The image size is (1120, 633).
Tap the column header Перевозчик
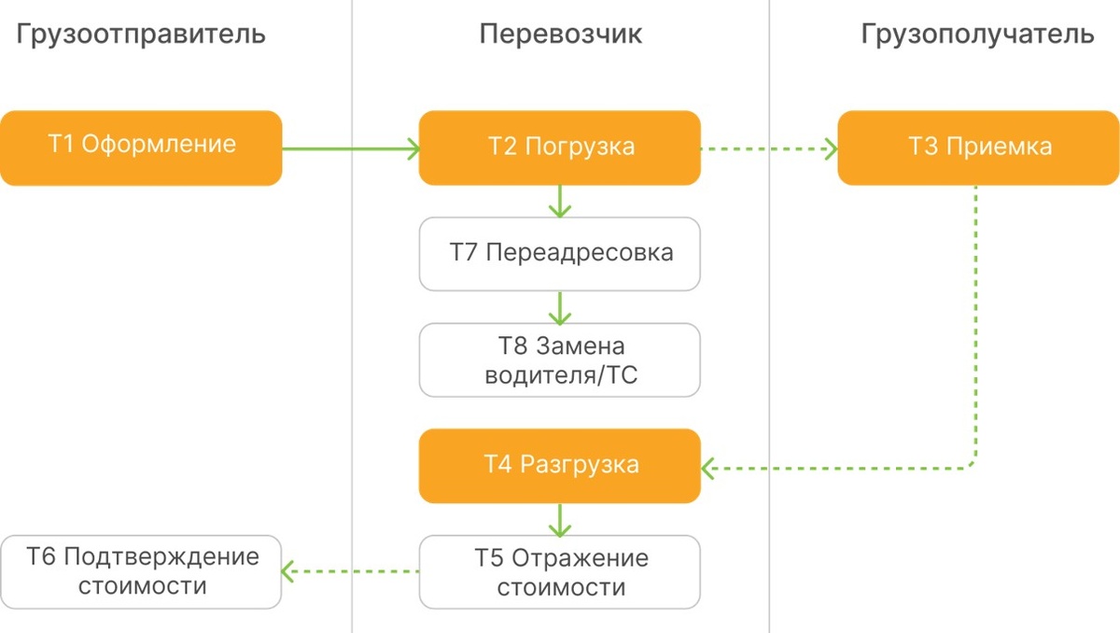tap(561, 35)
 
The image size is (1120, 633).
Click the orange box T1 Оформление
tap(141, 148)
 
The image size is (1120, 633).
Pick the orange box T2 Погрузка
tap(559, 148)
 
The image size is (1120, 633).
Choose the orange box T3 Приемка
tap(978, 148)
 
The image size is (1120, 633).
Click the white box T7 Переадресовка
tap(559, 254)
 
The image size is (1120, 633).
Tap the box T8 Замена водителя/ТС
tap(559, 360)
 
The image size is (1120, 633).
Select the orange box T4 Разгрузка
tap(559, 466)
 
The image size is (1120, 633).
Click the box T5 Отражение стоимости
tap(559, 572)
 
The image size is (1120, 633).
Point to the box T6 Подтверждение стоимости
tap(141, 572)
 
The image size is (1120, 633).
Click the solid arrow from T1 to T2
tap(351, 148)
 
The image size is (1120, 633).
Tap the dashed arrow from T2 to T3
tap(769, 148)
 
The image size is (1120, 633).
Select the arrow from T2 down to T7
tap(559, 202)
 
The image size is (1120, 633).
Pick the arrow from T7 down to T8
tap(559, 308)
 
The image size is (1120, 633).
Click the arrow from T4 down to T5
tap(559, 520)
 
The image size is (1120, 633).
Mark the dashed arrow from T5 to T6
tap(350, 571)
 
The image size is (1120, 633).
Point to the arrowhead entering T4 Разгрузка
tap(707, 469)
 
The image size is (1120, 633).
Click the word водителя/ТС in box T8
tap(561, 375)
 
